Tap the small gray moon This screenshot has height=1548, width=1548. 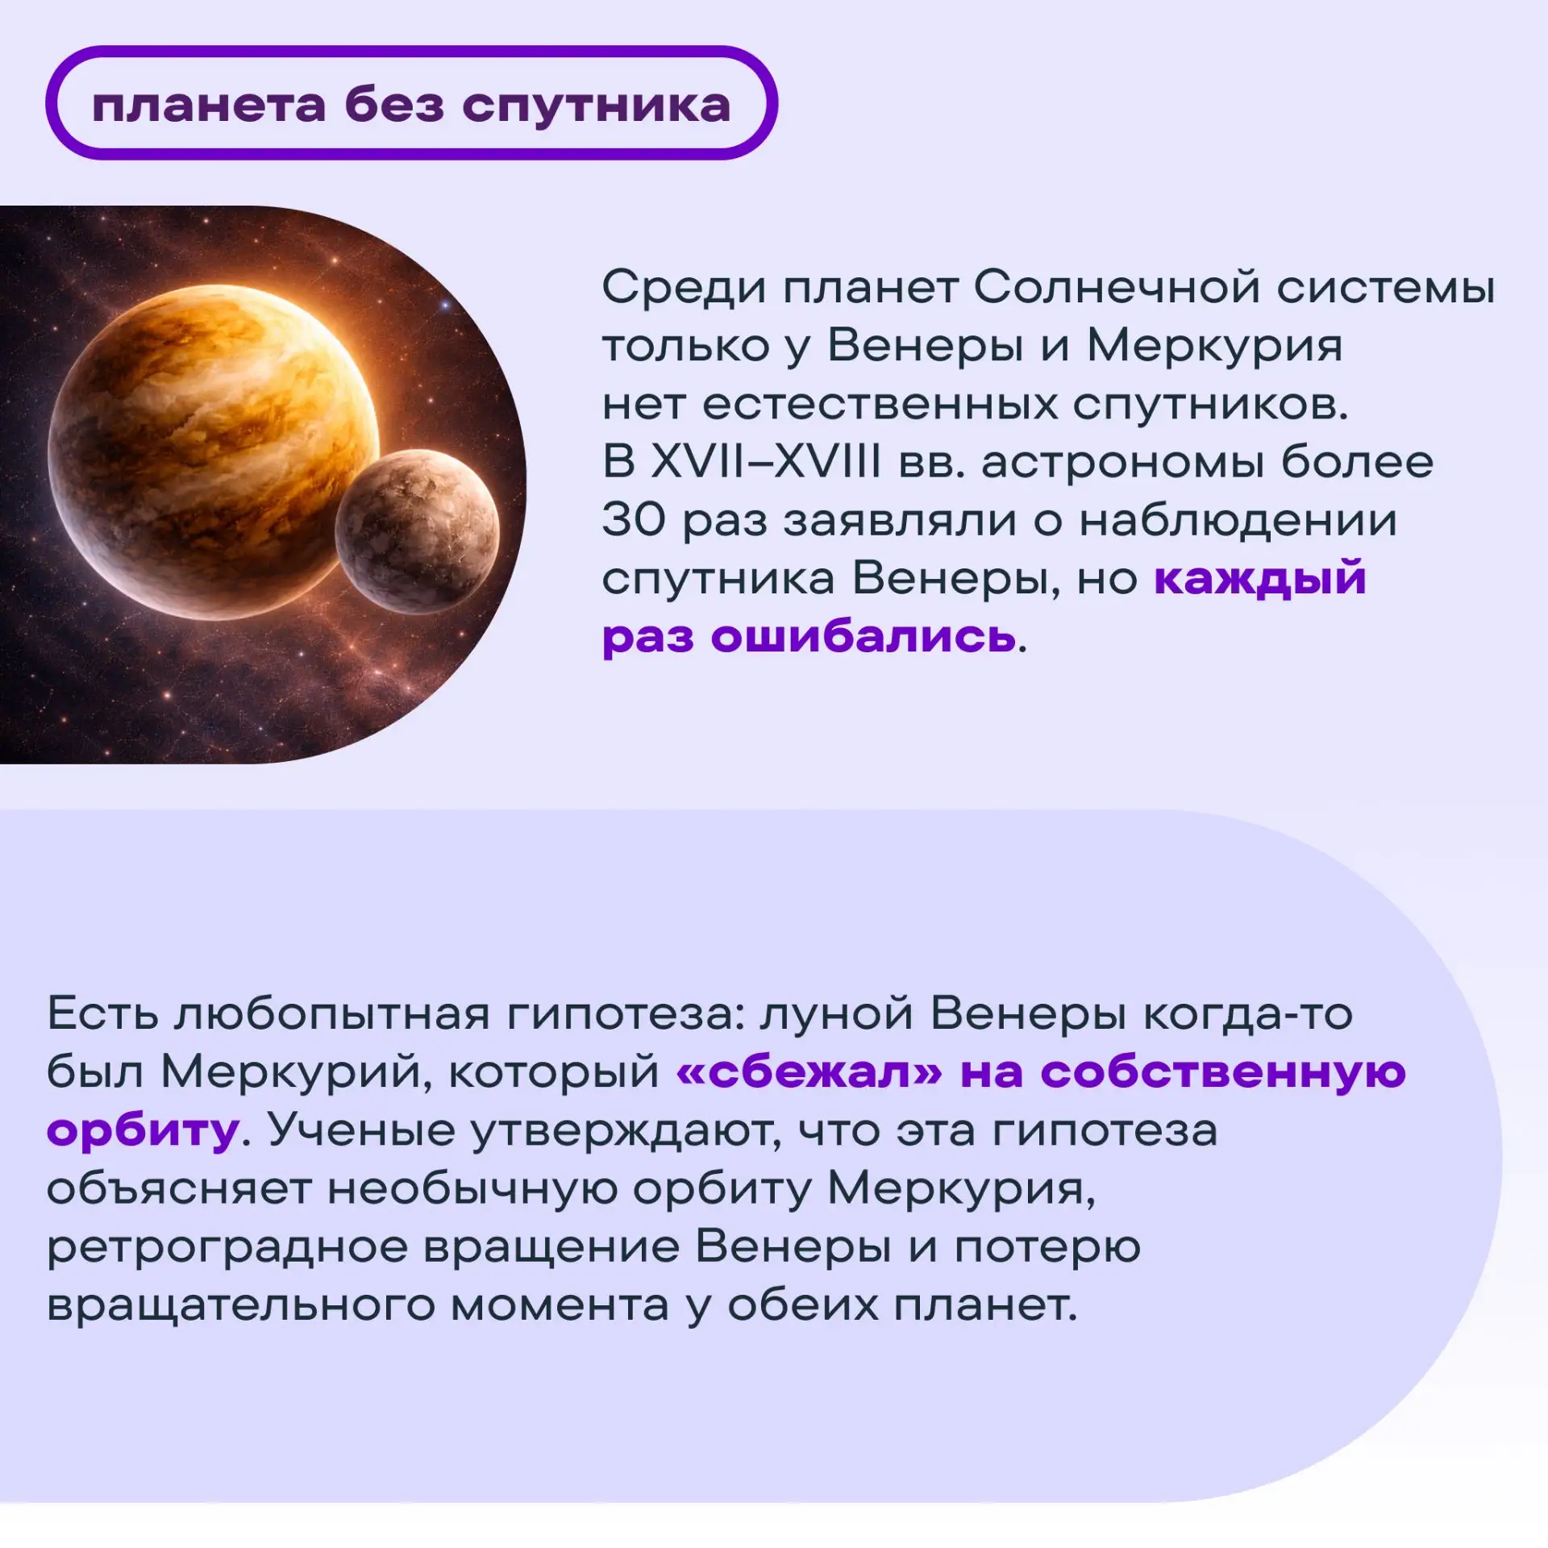click(x=417, y=531)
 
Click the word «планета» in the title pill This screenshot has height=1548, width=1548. click(x=209, y=106)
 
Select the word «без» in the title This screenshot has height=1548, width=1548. click(x=394, y=105)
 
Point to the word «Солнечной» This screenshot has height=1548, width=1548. click(x=1117, y=287)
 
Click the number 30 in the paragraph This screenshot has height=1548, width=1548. click(x=634, y=520)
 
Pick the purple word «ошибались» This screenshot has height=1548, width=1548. click(x=863, y=636)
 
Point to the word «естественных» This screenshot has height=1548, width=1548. click(x=880, y=405)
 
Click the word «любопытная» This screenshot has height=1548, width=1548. click(x=332, y=1013)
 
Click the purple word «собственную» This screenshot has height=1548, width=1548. click(x=1223, y=1073)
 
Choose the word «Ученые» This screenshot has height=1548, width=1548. click(x=361, y=1130)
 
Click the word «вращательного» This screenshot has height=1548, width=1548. click(x=241, y=1307)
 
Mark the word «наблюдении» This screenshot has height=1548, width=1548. click(x=1238, y=520)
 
